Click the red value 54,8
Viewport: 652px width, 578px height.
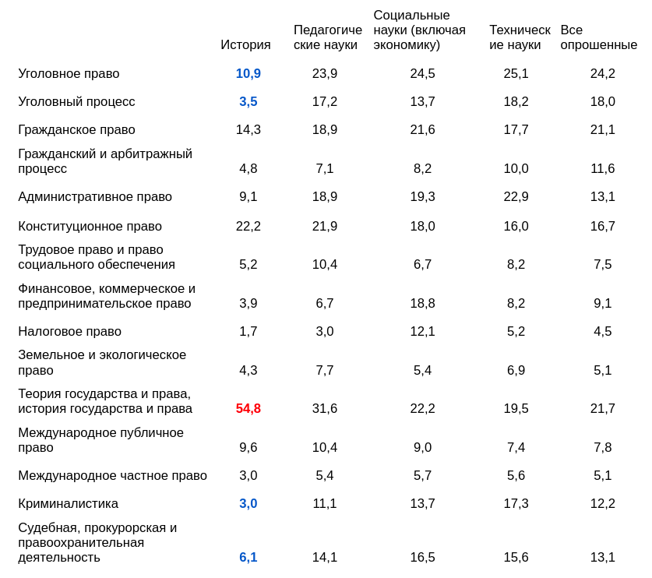click(248, 409)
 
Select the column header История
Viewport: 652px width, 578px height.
click(245, 45)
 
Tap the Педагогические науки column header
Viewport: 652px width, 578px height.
click(327, 37)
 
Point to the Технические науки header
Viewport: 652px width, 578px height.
click(520, 37)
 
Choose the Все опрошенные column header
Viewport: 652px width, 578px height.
click(598, 37)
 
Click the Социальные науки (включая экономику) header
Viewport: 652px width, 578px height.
click(419, 30)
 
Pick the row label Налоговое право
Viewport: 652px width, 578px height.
click(69, 332)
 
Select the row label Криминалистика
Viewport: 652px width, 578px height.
click(68, 504)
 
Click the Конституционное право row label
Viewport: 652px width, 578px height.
click(90, 227)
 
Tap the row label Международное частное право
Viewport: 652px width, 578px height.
click(112, 476)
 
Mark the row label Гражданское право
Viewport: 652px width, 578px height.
click(76, 130)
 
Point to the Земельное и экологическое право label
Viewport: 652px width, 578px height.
click(102, 363)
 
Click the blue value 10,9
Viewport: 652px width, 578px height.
click(248, 74)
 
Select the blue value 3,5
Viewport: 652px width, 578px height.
click(248, 102)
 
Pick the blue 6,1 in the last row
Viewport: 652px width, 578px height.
click(248, 558)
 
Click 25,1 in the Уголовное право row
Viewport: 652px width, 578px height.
click(516, 74)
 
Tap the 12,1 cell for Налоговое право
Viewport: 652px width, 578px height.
click(422, 332)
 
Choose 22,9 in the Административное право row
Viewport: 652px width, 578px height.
click(516, 197)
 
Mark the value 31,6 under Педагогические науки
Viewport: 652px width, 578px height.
click(325, 409)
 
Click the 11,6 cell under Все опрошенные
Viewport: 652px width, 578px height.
click(602, 169)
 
